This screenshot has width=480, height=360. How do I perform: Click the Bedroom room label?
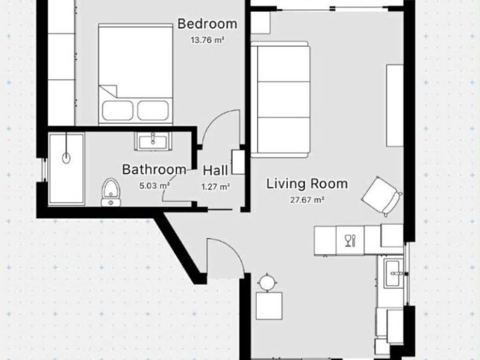pos(207,24)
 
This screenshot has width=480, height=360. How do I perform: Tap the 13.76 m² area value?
pos(207,40)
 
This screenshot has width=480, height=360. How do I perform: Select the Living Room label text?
pos(307,184)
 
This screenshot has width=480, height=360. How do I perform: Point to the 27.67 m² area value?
pos(307,200)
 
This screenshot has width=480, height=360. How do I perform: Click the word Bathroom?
pos(154,169)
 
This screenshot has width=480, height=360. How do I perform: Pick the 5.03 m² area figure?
pos(155,186)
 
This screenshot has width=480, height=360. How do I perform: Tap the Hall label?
pos(216,171)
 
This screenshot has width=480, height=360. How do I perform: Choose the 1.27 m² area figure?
pos(216,187)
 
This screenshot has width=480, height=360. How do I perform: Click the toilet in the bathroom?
pos(111,193)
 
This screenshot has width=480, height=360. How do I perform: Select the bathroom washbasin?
pos(153,141)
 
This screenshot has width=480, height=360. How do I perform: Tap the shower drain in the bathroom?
pos(67,158)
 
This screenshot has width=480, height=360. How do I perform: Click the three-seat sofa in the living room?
pos(280,99)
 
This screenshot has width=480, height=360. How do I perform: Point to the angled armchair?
pos(382,196)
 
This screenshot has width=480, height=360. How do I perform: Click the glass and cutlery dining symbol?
pos(350,240)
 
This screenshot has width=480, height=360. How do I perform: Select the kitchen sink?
pos(392,273)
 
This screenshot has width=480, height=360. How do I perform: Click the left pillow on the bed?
pos(118,111)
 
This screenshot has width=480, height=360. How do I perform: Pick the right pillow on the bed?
pos(153,111)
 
